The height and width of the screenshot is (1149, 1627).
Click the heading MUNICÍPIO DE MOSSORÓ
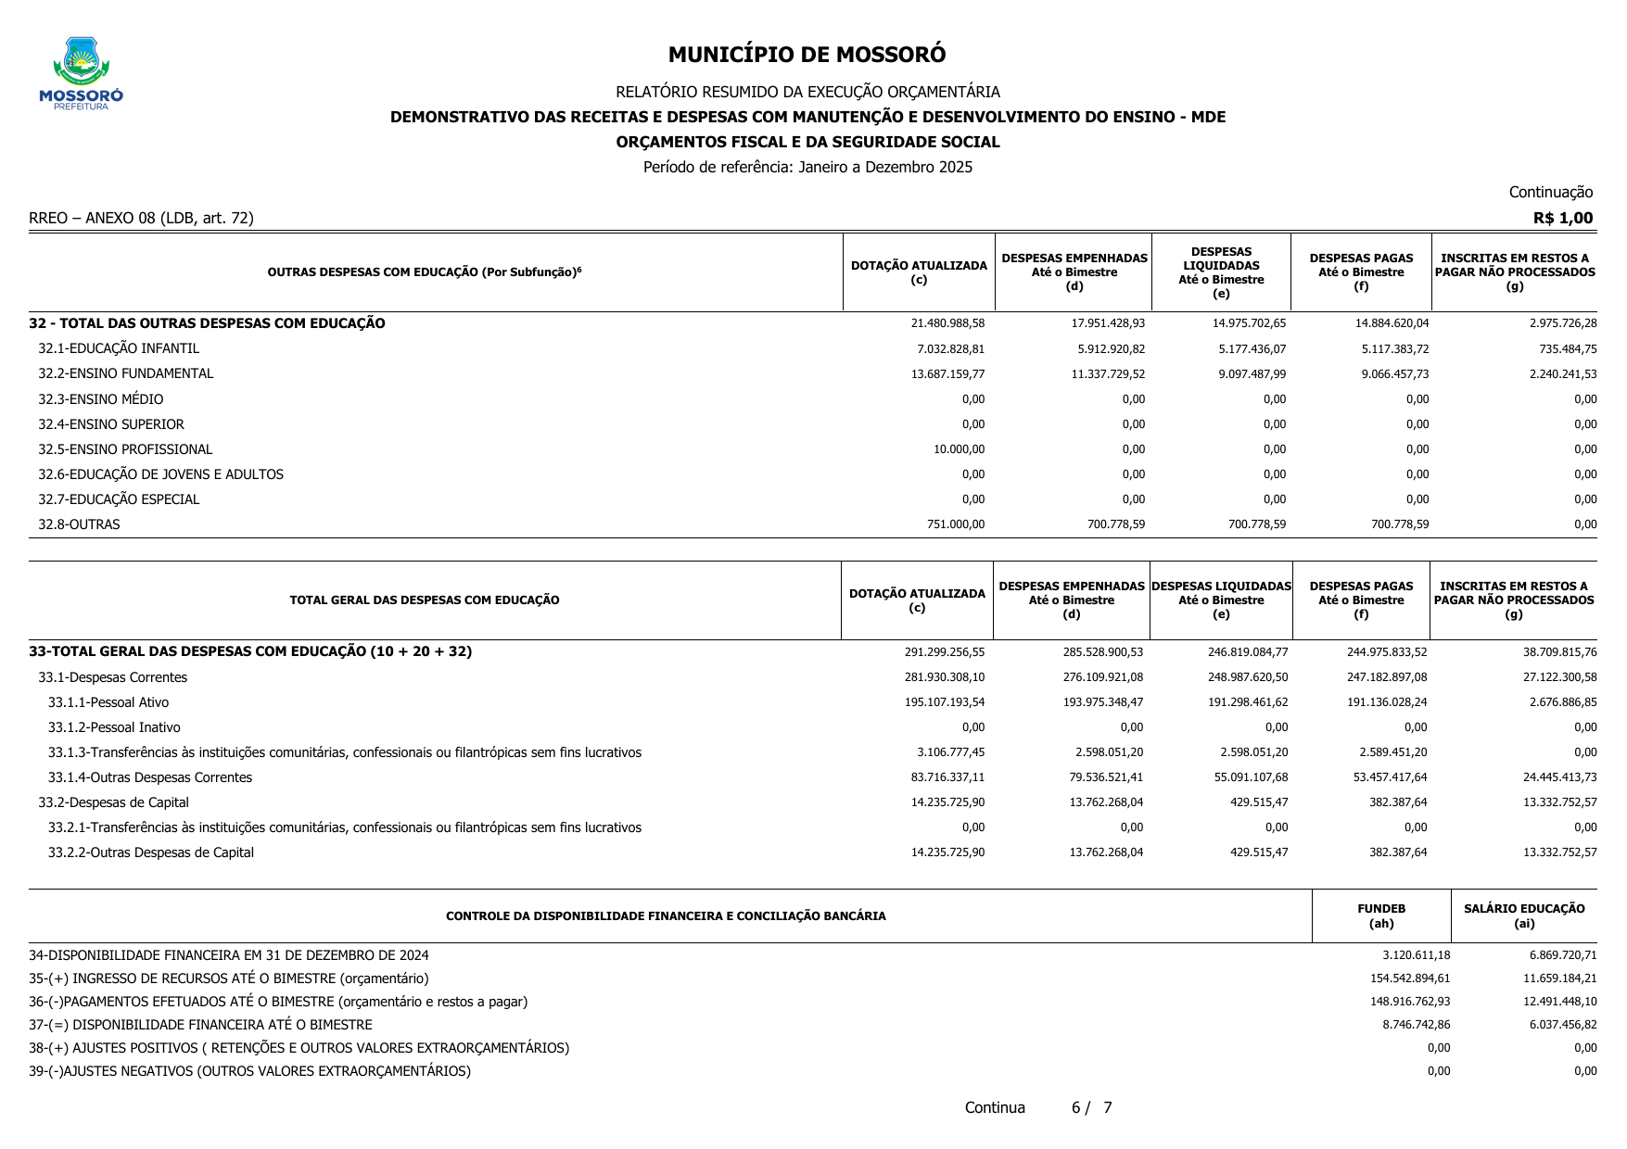[807, 55]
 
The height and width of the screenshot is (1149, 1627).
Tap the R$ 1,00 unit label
[1562, 218]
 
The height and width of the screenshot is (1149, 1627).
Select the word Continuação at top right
[1550, 192]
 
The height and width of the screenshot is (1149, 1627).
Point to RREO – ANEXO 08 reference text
[141, 218]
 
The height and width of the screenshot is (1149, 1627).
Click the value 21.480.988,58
[947, 323]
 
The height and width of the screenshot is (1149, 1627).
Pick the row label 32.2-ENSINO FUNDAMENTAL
[125, 373]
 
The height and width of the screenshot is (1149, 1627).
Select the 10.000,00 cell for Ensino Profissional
[959, 449]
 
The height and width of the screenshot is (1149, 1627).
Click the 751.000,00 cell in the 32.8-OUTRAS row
[955, 524]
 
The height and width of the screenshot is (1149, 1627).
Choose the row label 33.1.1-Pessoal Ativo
[108, 702]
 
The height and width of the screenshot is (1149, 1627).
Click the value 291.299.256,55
[944, 652]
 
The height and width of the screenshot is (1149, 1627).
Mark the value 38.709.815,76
[1559, 652]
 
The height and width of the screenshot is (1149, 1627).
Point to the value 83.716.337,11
[947, 777]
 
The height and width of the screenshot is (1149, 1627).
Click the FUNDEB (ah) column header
[1381, 915]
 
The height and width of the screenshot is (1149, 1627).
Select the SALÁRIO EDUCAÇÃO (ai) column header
[1524, 915]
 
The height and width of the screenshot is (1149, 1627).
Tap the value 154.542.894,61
[1409, 979]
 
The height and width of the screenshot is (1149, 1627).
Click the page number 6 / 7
[1091, 1107]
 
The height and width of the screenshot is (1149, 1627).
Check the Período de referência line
[807, 167]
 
